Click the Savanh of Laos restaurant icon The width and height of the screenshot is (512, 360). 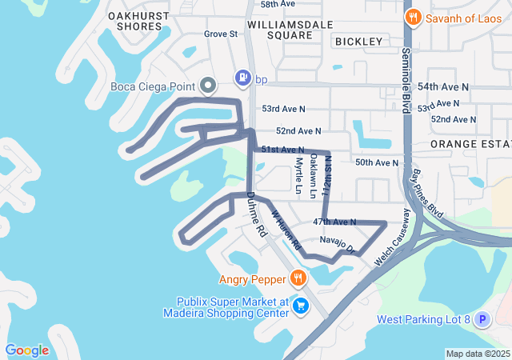(x=413, y=17)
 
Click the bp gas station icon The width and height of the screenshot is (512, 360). (x=241, y=78)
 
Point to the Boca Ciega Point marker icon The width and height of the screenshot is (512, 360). (x=208, y=85)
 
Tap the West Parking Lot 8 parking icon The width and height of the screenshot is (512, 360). (x=482, y=320)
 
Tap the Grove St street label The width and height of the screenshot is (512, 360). (x=221, y=34)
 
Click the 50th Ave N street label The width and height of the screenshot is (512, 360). (x=377, y=162)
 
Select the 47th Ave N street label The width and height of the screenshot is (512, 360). (x=334, y=221)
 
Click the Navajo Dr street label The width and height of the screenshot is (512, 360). (x=336, y=245)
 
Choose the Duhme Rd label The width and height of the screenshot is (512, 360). (x=256, y=214)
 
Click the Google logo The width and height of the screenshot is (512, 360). (x=27, y=350)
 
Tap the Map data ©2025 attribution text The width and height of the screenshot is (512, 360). (x=477, y=354)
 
